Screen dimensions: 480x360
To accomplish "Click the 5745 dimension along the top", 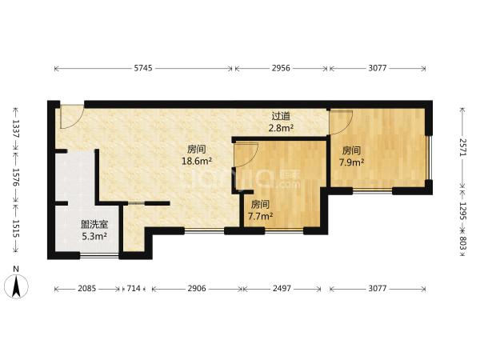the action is (x=143, y=68).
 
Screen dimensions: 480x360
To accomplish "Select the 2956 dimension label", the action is (x=281, y=68).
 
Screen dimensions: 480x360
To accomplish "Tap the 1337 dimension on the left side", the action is (x=16, y=129).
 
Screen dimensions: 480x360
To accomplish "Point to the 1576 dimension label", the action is (x=16, y=178).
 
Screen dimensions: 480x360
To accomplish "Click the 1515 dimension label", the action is (x=16, y=229).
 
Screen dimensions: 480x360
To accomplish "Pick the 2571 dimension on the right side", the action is (x=463, y=147).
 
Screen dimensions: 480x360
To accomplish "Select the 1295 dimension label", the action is (x=463, y=211).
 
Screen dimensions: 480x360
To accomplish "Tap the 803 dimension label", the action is (x=463, y=243).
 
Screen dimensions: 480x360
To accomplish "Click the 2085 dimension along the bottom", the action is (x=87, y=288).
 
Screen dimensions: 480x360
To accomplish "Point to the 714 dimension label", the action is (x=134, y=288).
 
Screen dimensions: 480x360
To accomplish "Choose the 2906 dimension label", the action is (x=197, y=288).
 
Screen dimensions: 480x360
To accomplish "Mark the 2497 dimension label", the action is (x=282, y=288).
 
